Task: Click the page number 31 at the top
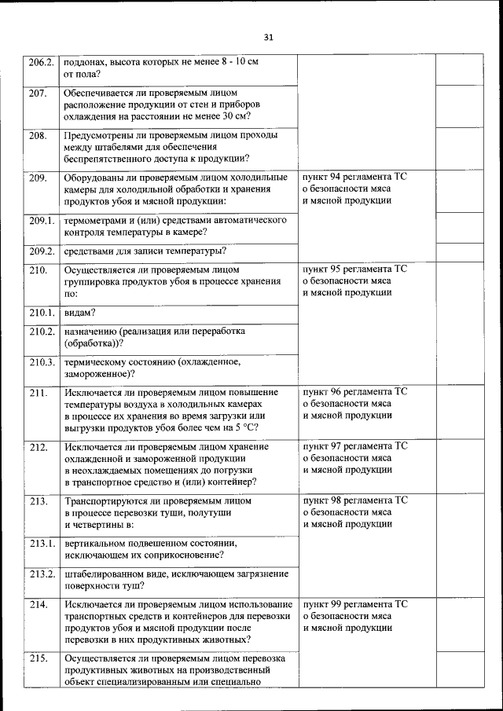(268, 37)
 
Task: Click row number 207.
(38, 93)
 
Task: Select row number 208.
(38, 135)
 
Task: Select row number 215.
(38, 658)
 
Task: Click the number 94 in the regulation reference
(340, 177)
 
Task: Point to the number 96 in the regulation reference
(340, 391)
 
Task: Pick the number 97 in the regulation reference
(340, 446)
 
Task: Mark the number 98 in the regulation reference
(340, 500)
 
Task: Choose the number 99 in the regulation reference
(340, 604)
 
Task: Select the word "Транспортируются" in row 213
(111, 500)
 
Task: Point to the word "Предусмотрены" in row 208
(102, 135)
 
